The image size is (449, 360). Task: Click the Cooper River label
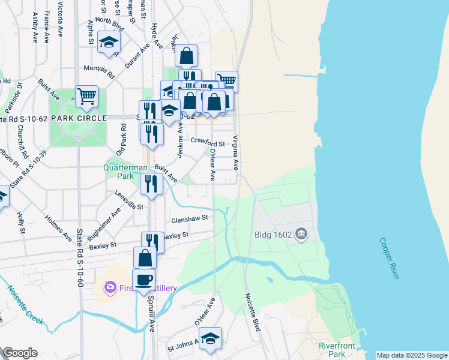pyautogui.click(x=389, y=258)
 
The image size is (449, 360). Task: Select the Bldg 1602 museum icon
pyautogui.click(x=301, y=233)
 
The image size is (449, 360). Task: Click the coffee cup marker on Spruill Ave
pyautogui.click(x=143, y=280)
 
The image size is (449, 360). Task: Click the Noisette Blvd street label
pyautogui.click(x=252, y=312)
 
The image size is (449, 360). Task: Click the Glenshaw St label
pyautogui.click(x=189, y=218)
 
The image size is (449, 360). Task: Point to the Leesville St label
pyautogui.click(x=129, y=200)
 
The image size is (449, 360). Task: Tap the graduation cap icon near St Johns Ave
pyautogui.click(x=210, y=338)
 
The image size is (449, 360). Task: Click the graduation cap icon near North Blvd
pyautogui.click(x=109, y=41)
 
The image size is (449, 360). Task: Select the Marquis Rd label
pyautogui.click(x=99, y=71)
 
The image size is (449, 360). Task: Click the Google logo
pyautogui.click(x=20, y=353)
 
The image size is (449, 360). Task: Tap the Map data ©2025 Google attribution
pyautogui.click(x=411, y=355)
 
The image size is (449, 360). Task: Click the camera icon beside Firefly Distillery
pyautogui.click(x=109, y=288)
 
